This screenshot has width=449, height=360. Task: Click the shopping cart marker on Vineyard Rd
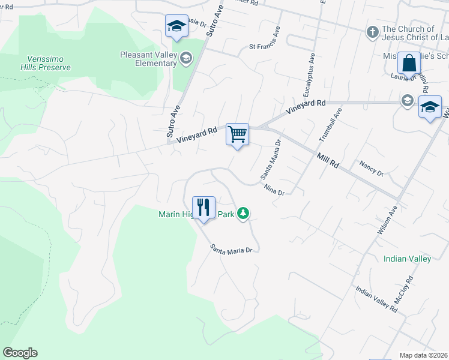coord(237,134)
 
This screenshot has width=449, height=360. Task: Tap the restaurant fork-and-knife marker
coord(203,208)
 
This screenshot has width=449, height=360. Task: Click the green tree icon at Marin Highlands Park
coord(243,214)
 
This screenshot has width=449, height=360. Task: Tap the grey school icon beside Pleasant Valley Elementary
coord(186,58)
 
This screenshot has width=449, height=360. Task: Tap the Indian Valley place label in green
coord(407,259)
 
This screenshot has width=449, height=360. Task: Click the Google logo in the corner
coord(20,353)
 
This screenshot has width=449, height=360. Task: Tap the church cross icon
coord(372,32)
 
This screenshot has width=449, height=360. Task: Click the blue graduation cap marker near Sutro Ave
coord(176,26)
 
